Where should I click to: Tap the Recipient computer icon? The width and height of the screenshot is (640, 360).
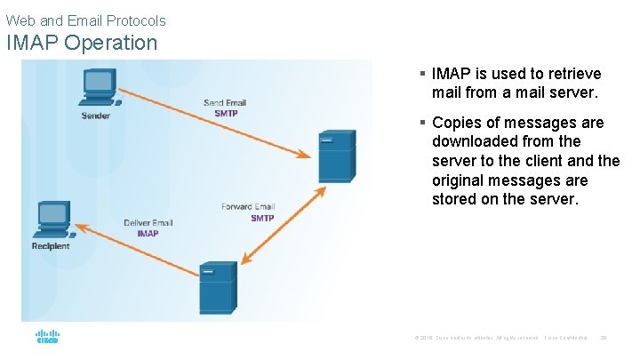point(52,219)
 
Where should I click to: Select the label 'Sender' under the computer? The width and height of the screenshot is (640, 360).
point(96,116)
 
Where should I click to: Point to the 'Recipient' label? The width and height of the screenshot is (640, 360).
point(51,246)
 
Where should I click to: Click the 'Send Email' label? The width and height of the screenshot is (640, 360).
point(225,103)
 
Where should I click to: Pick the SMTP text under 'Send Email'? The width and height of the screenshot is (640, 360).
point(227,114)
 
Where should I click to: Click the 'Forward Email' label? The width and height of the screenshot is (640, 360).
point(248,207)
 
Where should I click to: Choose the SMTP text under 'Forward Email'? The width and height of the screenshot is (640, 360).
point(262,218)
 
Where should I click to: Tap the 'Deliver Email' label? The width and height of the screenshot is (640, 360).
point(148,223)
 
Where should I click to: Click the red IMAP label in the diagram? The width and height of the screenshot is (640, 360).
point(148,234)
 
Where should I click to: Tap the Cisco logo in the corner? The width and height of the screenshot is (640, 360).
point(47,338)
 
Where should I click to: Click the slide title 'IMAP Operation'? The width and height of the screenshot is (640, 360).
point(82,42)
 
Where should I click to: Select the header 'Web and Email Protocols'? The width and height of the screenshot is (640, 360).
point(85,20)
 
